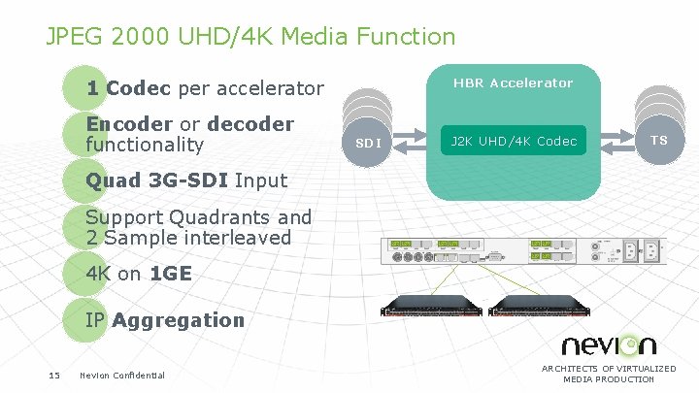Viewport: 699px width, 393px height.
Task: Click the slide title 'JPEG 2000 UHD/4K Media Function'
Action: point(250,37)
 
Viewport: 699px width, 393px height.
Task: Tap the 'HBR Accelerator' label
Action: point(513,83)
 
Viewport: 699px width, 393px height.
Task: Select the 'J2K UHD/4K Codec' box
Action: point(513,142)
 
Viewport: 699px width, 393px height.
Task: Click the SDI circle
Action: point(368,143)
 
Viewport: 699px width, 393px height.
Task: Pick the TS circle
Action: point(659,140)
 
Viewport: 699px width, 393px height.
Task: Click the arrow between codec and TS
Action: point(612,141)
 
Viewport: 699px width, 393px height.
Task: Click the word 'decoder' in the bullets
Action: point(250,125)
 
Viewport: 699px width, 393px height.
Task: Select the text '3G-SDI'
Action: point(191,180)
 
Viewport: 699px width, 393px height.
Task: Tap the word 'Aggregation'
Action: point(178,320)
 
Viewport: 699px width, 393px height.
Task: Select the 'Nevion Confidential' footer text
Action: point(122,376)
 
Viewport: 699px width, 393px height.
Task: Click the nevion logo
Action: point(609,344)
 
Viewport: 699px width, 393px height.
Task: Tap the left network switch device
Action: point(431,308)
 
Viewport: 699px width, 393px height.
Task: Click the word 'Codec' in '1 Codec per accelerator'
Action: point(138,89)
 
